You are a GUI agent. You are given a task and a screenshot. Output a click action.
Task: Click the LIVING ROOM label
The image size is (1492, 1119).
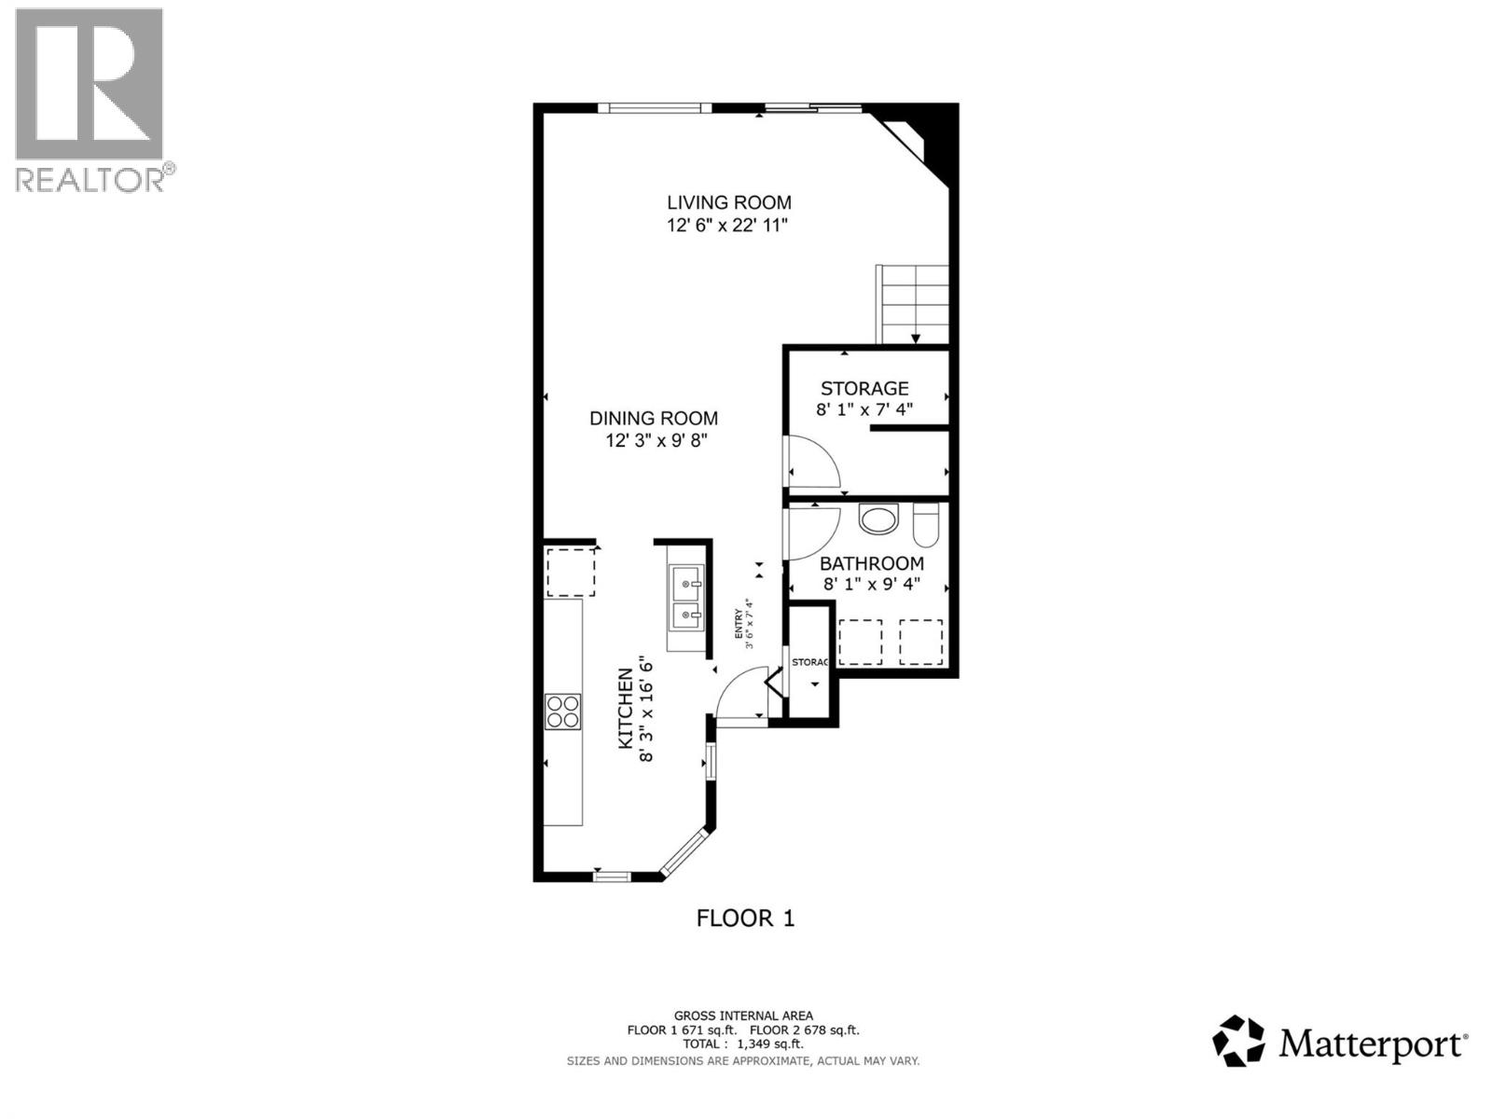click(728, 202)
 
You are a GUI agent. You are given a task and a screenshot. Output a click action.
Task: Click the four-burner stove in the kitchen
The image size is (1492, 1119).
click(563, 711)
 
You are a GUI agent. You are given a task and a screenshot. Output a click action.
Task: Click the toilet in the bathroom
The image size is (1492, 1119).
click(926, 525)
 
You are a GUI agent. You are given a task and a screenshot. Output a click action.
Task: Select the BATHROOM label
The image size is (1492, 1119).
click(871, 563)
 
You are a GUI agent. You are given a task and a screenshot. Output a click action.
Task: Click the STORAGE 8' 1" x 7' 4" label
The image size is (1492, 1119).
click(864, 398)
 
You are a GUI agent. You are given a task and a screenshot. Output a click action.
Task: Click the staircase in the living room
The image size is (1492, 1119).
click(913, 303)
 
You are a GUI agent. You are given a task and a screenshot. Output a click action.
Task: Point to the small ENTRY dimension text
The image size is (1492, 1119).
click(743, 623)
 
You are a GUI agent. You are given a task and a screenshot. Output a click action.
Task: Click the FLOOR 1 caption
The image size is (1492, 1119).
click(745, 919)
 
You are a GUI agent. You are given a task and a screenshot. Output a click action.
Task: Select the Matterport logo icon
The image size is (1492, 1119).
click(1237, 1041)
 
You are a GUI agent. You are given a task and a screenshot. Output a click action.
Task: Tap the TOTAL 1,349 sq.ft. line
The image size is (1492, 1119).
click(743, 1044)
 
